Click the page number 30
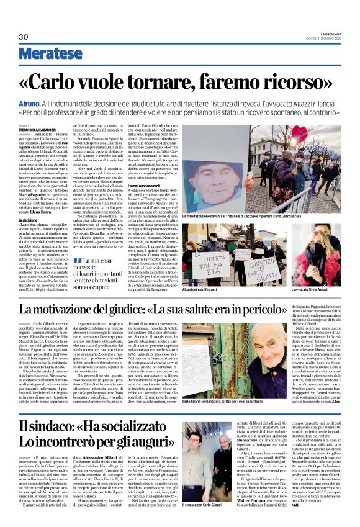[24, 37]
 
